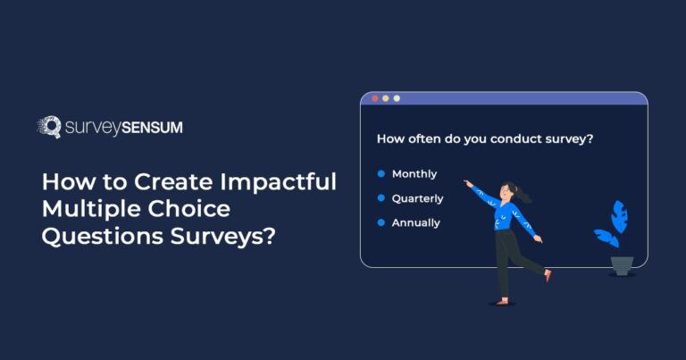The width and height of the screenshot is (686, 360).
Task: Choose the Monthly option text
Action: [414, 173]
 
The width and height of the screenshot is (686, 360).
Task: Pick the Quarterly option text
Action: [418, 197]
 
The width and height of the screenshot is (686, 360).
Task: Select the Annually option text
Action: [416, 222]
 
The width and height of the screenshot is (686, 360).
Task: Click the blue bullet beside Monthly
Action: [381, 173]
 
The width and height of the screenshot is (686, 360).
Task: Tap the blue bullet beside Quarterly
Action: [381, 197]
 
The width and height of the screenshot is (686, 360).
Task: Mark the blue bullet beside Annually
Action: [381, 222]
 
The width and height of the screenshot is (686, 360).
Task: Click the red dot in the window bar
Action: [374, 98]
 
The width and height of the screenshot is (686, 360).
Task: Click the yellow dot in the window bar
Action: [386, 98]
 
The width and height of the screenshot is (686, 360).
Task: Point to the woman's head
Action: [509, 191]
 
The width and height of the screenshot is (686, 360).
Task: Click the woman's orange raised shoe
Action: [548, 275]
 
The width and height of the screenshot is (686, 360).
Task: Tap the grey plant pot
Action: [622, 265]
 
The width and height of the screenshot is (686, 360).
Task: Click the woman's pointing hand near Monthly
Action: [467, 182]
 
